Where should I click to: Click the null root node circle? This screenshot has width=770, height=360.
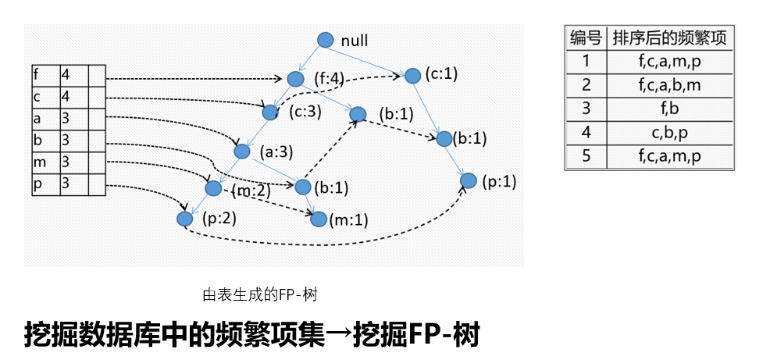pyautogui.click(x=326, y=41)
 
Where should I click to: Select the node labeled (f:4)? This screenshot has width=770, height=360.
pyautogui.click(x=295, y=79)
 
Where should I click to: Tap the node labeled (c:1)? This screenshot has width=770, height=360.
pyautogui.click(x=412, y=75)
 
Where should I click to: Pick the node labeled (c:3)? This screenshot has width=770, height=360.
pyautogui.click(x=270, y=112)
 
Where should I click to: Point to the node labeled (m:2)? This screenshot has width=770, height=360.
pyautogui.click(x=212, y=188)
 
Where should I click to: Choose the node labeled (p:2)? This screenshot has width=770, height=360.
pyautogui.click(x=184, y=219)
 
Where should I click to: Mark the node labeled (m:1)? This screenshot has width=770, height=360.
pyautogui.click(x=318, y=219)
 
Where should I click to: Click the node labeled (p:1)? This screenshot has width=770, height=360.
pyautogui.click(x=468, y=181)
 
